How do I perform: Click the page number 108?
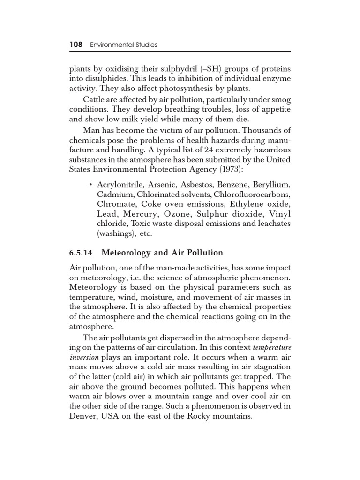point(75,45)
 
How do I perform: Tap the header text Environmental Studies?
point(123,45)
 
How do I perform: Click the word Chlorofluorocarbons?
point(251,194)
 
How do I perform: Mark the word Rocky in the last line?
point(202,415)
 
